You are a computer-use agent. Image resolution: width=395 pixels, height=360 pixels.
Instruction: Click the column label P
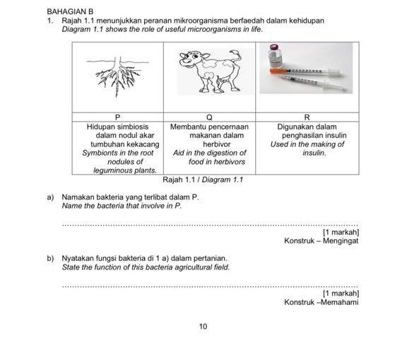(118, 116)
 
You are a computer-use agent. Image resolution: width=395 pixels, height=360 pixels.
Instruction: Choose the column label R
(307, 116)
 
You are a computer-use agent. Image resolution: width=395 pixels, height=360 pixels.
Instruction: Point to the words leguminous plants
(124, 170)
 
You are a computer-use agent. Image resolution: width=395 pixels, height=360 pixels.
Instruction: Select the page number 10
(203, 326)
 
